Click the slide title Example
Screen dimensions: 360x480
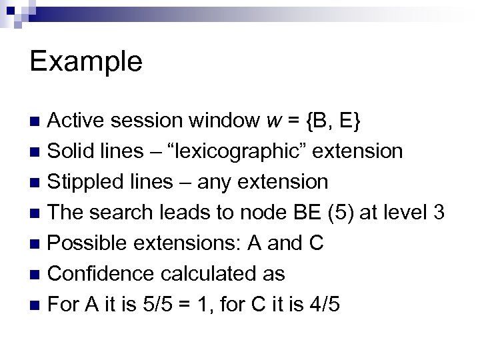click(x=86, y=62)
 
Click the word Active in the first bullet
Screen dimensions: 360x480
click(x=79, y=121)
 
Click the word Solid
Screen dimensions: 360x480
click(x=73, y=151)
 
